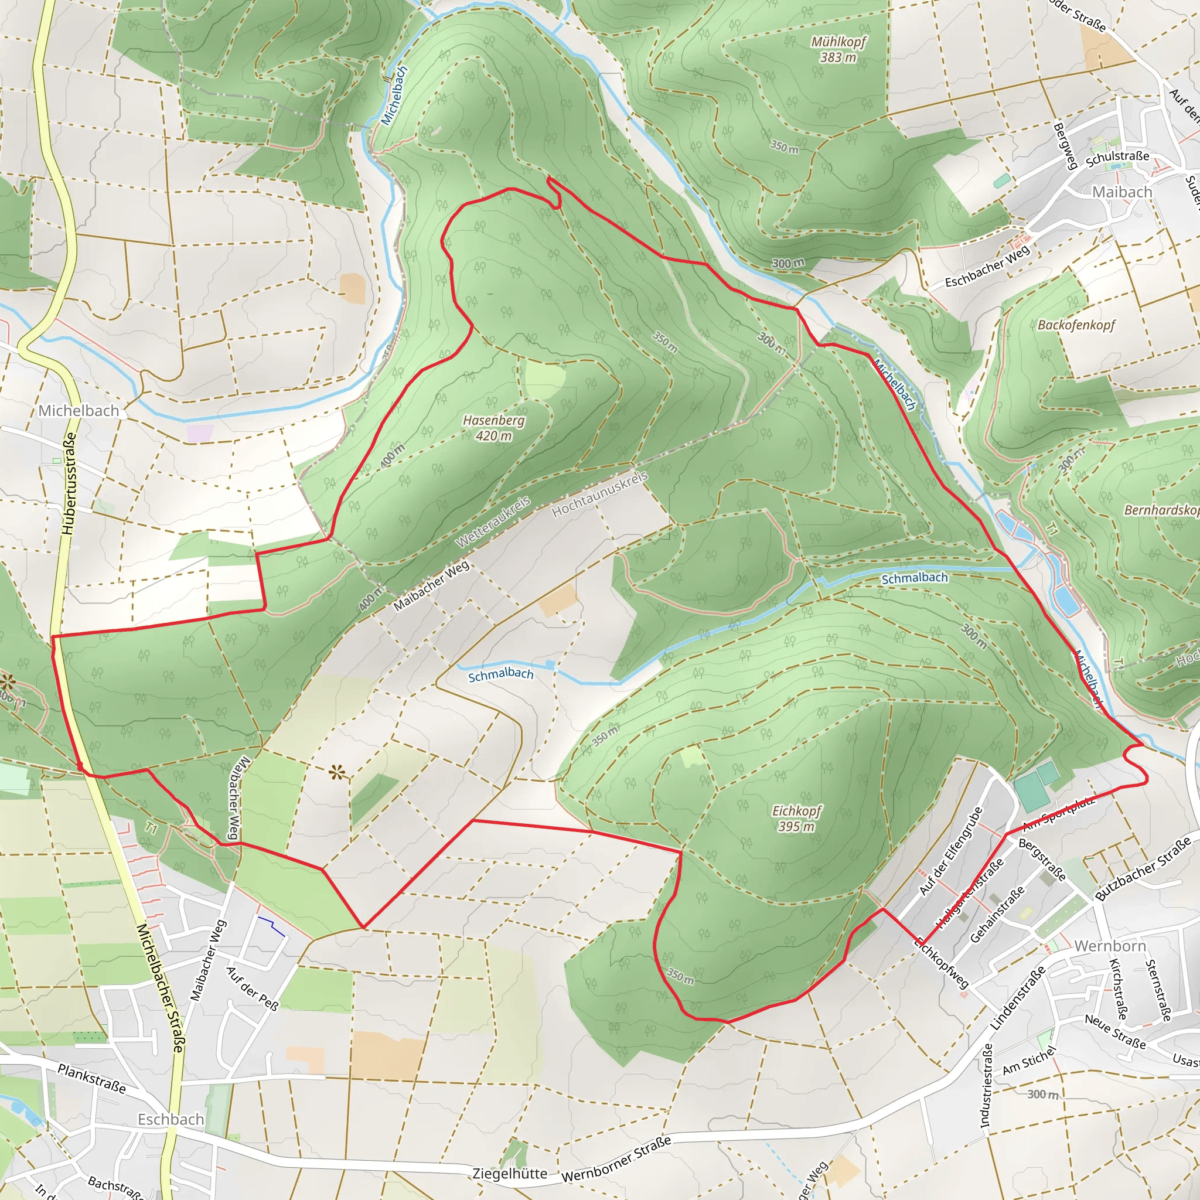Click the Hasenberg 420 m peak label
pyautogui.click(x=494, y=428)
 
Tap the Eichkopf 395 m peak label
pyautogui.click(x=796, y=818)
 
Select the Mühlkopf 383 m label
pyautogui.click(x=838, y=49)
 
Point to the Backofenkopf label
pyautogui.click(x=1076, y=325)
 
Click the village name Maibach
pyautogui.click(x=1121, y=192)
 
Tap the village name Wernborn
pyautogui.click(x=1109, y=945)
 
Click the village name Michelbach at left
pyautogui.click(x=79, y=411)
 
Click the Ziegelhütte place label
pyautogui.click(x=509, y=1173)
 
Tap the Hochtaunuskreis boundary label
pyautogui.click(x=599, y=494)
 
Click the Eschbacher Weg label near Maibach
pyautogui.click(x=987, y=266)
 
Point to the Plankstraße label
pyautogui.click(x=91, y=1078)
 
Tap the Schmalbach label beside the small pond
pyautogui.click(x=500, y=674)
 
